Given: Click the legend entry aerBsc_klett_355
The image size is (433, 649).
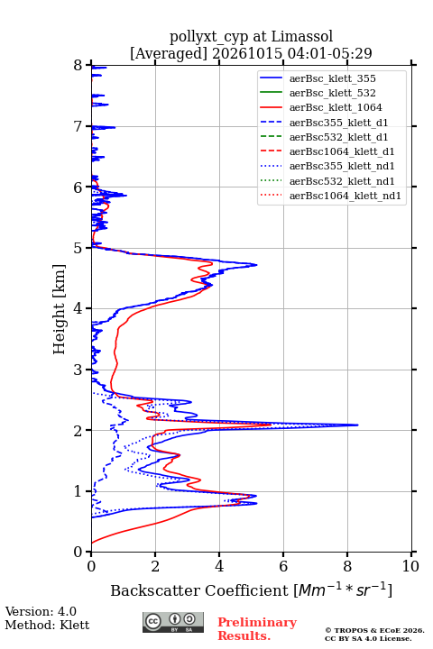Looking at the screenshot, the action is click(332, 78).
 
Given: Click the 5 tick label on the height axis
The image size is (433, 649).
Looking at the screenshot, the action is click(78, 248).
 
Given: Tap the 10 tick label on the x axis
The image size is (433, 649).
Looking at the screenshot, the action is click(410, 566).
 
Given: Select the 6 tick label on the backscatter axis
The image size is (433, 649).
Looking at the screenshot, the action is click(283, 566).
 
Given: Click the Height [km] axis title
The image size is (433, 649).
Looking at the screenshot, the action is click(60, 309).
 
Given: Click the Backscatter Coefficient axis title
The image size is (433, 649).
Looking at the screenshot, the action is click(251, 590).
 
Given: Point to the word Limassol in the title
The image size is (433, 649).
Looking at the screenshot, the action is click(302, 36).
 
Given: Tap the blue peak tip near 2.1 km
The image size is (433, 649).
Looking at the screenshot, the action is click(358, 425).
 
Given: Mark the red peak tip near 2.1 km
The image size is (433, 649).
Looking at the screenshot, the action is click(271, 425).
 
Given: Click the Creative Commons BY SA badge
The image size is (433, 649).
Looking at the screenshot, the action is click(173, 622).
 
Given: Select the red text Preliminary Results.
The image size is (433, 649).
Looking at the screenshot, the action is click(257, 629).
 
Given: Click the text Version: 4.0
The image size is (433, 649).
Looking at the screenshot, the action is click(41, 611).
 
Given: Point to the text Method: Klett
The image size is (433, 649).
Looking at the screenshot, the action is click(47, 625).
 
